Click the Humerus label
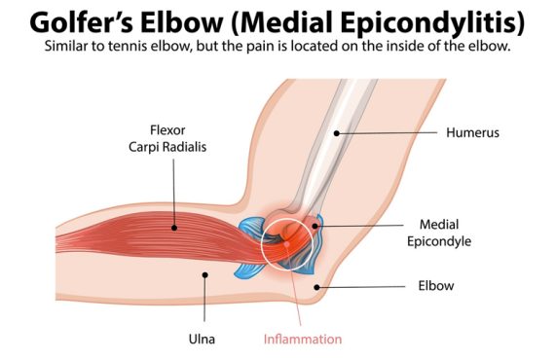[472, 132]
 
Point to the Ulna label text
[202, 340]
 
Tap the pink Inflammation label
[303, 340]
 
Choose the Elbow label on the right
[435, 286]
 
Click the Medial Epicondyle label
[439, 234]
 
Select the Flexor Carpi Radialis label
[167, 138]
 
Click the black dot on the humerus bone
[337, 133]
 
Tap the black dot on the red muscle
[173, 228]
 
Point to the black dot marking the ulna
[204, 274]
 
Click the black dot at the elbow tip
[317, 287]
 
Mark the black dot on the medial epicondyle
[315, 226]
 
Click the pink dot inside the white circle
[286, 243]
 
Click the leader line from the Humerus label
[387, 133]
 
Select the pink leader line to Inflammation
[294, 284]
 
